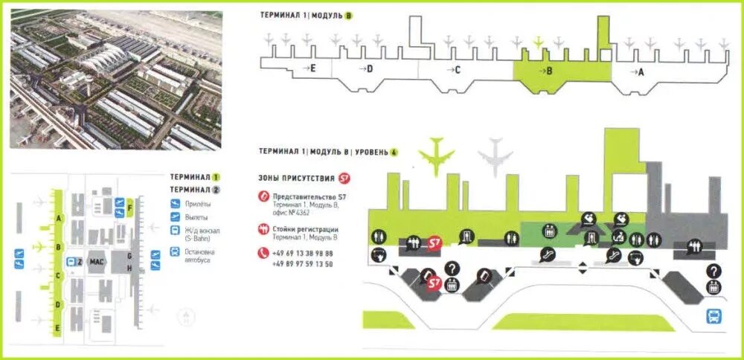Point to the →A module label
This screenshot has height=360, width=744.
pyautogui.click(x=637, y=71)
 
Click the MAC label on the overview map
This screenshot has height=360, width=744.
pyautogui.click(x=97, y=261)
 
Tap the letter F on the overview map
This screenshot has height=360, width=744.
pyautogui.click(x=130, y=209)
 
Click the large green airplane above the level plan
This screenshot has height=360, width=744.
pyautogui.click(x=436, y=154)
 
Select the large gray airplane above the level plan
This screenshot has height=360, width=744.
pyautogui.click(x=495, y=155)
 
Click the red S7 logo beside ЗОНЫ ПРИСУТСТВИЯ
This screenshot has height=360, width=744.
pyautogui.click(x=343, y=179)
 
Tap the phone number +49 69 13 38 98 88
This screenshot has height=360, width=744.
pyautogui.click(x=303, y=254)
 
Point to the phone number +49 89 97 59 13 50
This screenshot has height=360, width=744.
pyautogui.click(x=303, y=263)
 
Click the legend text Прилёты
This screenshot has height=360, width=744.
pyautogui.click(x=198, y=203)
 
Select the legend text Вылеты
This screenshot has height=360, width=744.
pyautogui.click(x=197, y=216)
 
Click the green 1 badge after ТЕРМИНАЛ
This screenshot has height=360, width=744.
pyautogui.click(x=217, y=178)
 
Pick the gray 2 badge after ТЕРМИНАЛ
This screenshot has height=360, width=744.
pyautogui.click(x=217, y=189)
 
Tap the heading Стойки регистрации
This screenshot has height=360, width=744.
pyautogui.click(x=305, y=229)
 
